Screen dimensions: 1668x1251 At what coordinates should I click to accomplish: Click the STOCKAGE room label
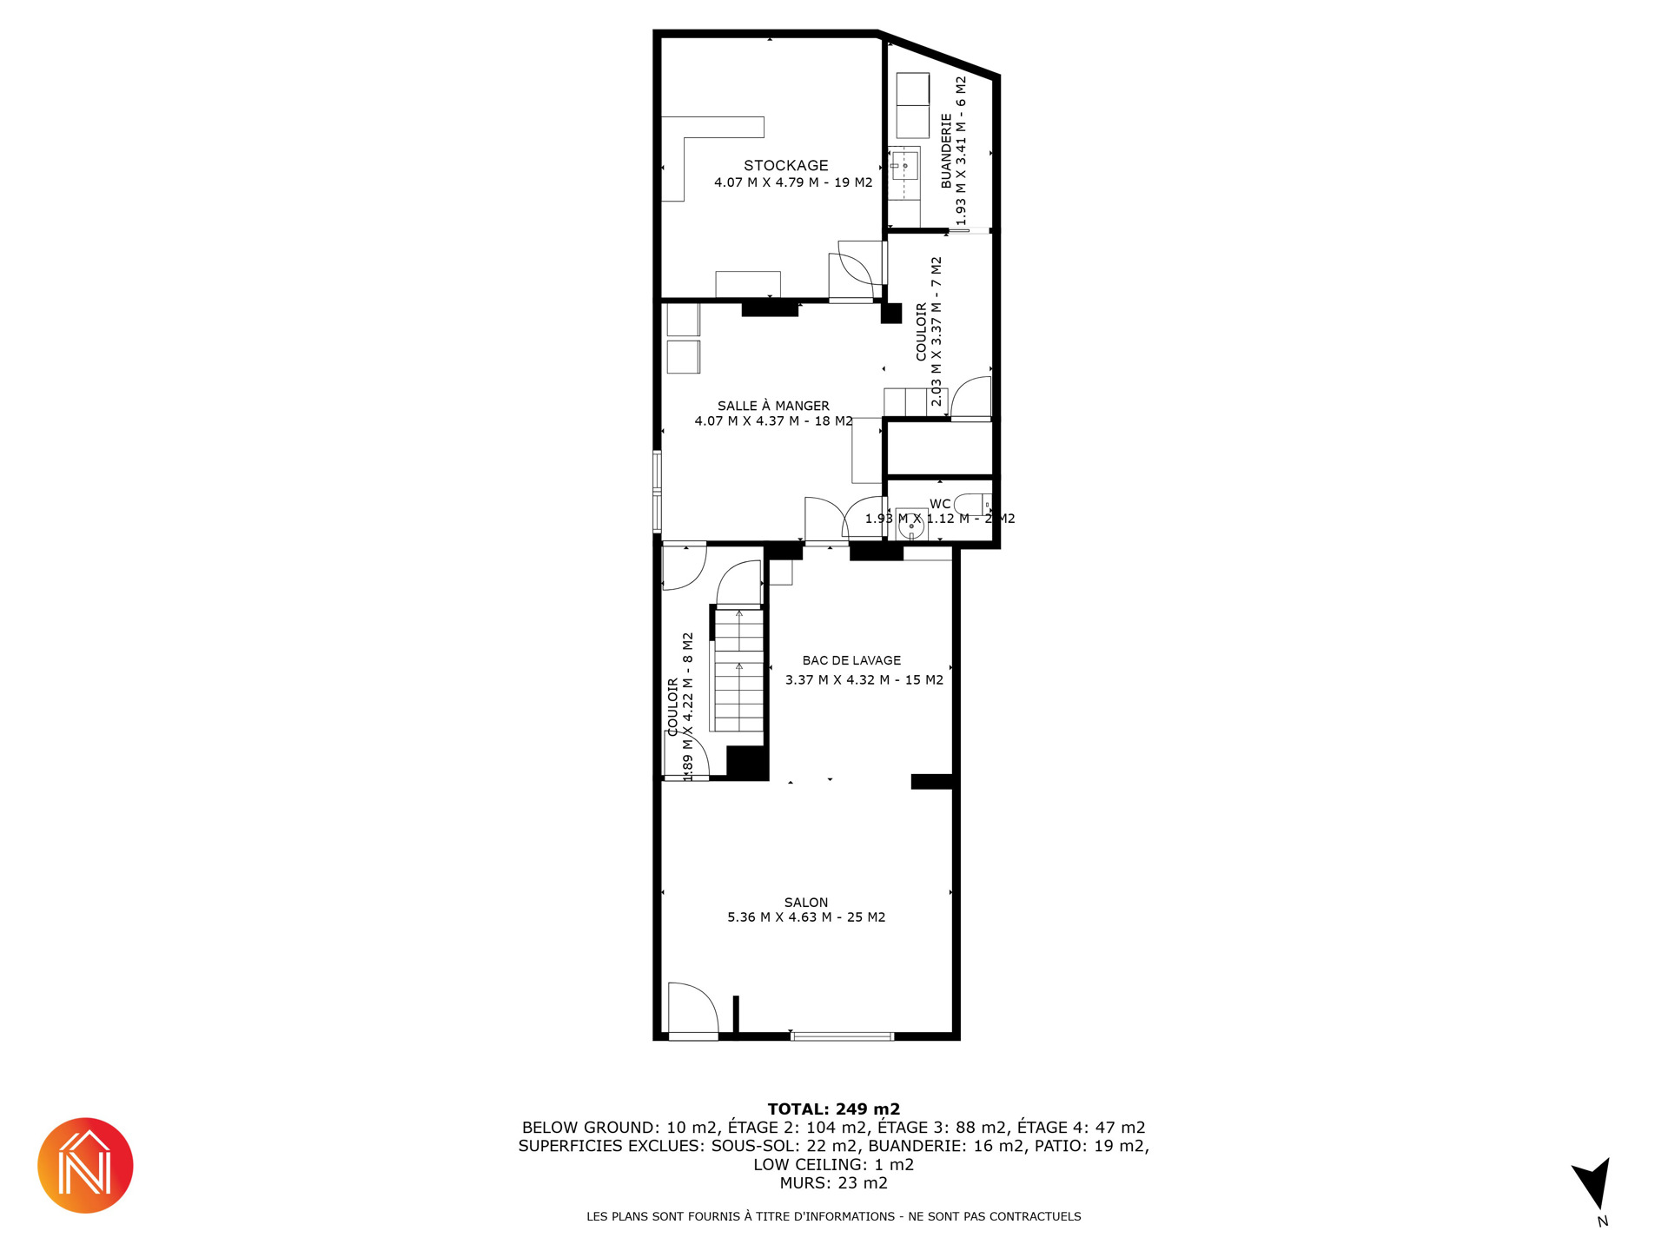point(785,165)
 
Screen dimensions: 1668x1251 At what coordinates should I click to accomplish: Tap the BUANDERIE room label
point(947,150)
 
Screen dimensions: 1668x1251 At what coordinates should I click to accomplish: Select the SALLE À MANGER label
point(773,406)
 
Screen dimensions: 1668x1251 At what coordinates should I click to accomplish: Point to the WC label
point(940,504)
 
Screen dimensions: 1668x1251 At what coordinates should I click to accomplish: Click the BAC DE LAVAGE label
point(851,660)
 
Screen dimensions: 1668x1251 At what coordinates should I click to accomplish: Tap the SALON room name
point(806,903)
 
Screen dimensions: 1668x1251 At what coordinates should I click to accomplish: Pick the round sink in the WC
point(911,525)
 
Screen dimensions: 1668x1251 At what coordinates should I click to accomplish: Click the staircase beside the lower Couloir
point(738,669)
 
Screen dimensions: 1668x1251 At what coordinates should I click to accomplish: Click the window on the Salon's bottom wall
point(843,1036)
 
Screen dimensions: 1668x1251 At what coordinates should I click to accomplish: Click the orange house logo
point(85,1166)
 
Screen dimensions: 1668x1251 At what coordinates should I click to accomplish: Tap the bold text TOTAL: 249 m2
point(834,1109)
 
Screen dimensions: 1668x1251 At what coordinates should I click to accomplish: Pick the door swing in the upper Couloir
point(971,398)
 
